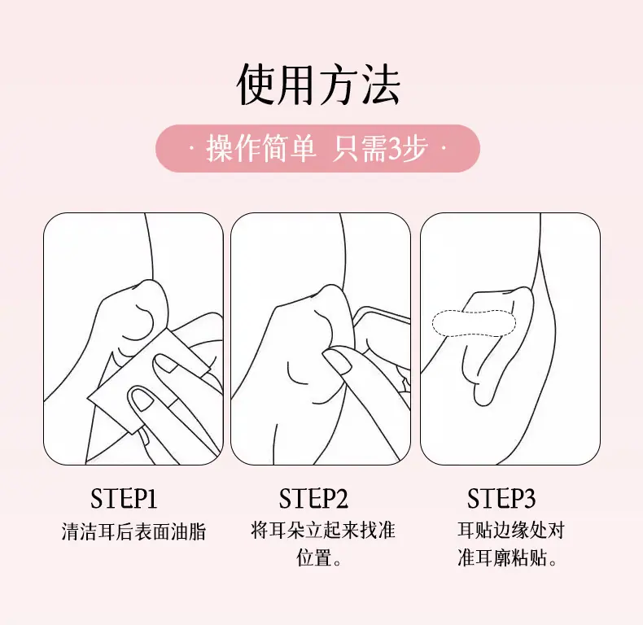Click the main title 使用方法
coord(317,85)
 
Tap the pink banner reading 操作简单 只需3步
coord(317,148)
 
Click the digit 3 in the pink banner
coord(395,149)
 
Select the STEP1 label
coord(124,498)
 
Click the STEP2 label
coord(313,498)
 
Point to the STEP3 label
coord(501,498)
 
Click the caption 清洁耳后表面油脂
coord(133,531)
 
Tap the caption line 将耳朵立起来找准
coord(323,530)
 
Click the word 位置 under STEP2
coord(313,557)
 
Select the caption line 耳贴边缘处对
coord(511,530)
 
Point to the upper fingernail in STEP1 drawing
coord(165,363)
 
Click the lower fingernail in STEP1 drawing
coord(141,400)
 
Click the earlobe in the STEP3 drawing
coord(484,394)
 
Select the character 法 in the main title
coord(380,85)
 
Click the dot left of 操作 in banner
coord(191,148)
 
